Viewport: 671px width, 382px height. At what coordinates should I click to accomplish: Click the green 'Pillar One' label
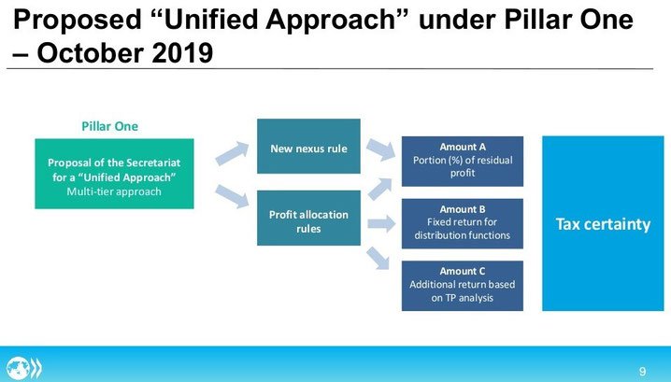(110, 126)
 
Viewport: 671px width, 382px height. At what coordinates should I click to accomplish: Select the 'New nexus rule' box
(308, 147)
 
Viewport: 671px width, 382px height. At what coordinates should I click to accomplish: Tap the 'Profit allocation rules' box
(308, 219)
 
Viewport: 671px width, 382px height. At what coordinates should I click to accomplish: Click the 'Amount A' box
(463, 162)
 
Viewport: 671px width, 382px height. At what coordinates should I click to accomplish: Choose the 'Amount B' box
(463, 223)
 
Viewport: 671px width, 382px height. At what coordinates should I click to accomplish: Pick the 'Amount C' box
(463, 286)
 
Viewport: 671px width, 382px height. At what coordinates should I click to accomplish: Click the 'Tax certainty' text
(603, 224)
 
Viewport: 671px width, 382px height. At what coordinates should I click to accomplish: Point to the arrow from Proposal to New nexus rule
(232, 153)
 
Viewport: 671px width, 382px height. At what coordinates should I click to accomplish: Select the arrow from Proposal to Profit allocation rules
(232, 196)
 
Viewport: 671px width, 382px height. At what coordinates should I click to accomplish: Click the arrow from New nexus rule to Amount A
(381, 149)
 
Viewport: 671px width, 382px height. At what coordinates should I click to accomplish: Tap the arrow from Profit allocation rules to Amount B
(381, 223)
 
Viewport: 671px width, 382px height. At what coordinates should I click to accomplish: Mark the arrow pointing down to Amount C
(378, 259)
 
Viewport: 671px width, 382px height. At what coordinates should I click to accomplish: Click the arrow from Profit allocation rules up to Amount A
(379, 189)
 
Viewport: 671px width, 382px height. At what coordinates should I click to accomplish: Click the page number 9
(642, 371)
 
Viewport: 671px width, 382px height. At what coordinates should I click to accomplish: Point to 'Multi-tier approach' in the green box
(114, 191)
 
